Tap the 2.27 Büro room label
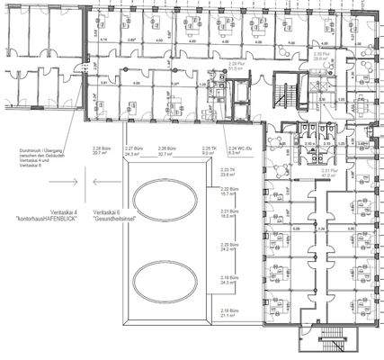[x=135, y=151]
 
